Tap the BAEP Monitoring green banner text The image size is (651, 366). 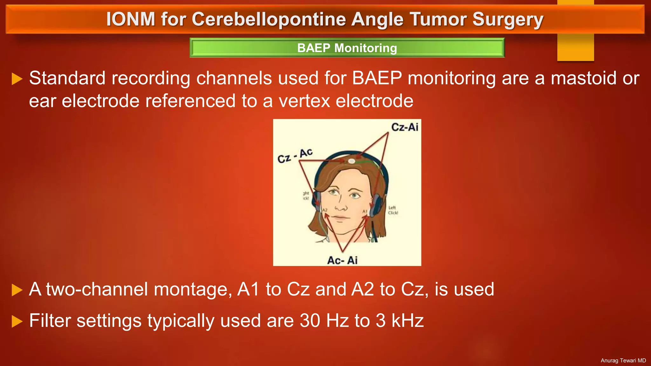(347, 48)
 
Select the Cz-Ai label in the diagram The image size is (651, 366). (405, 127)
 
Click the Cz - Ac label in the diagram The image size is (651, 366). (295, 155)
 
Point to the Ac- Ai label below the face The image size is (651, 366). (342, 260)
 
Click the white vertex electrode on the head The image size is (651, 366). (351, 161)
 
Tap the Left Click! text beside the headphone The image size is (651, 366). (393, 210)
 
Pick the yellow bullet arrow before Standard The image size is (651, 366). (17, 79)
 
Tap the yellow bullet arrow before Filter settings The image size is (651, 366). (17, 321)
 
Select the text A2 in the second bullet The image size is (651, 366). (362, 289)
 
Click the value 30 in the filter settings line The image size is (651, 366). (310, 321)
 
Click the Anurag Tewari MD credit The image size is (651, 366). (623, 360)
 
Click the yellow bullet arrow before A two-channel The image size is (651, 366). (17, 290)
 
